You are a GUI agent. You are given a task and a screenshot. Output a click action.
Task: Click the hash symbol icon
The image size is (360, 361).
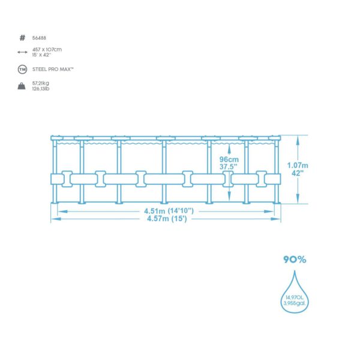22,38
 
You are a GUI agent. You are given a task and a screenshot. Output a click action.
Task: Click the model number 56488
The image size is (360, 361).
39,38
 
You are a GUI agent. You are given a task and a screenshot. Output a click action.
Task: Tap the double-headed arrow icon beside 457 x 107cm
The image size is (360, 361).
22,52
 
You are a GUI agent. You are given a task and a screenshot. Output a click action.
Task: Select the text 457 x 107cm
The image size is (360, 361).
47,49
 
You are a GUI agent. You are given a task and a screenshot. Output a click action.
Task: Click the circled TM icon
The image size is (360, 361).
22,69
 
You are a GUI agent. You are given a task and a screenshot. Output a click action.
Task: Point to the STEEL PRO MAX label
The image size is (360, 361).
53,69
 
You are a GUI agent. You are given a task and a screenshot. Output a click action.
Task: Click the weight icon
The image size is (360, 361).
22,86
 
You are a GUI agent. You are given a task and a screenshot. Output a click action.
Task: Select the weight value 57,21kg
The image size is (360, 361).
41,83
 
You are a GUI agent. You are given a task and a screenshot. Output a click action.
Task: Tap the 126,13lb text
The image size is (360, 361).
41,89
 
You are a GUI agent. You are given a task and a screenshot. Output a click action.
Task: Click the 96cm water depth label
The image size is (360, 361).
229,159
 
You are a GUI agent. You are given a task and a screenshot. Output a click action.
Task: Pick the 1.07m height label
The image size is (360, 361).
298,165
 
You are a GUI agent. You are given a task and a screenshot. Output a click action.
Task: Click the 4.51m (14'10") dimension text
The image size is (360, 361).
169,211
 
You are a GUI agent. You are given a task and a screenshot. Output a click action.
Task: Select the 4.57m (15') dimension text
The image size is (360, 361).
167,219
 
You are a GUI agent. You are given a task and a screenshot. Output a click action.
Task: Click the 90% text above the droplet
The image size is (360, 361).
295,259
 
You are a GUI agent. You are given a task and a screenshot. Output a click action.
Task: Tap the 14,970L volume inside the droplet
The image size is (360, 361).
295,297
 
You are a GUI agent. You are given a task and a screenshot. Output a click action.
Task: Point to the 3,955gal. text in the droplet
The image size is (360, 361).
295,303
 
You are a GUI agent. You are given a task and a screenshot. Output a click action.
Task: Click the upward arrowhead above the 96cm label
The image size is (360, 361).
229,150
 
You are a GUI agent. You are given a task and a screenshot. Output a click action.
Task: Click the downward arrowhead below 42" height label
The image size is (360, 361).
298,198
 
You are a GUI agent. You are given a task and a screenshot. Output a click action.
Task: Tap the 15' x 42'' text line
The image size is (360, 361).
41,55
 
